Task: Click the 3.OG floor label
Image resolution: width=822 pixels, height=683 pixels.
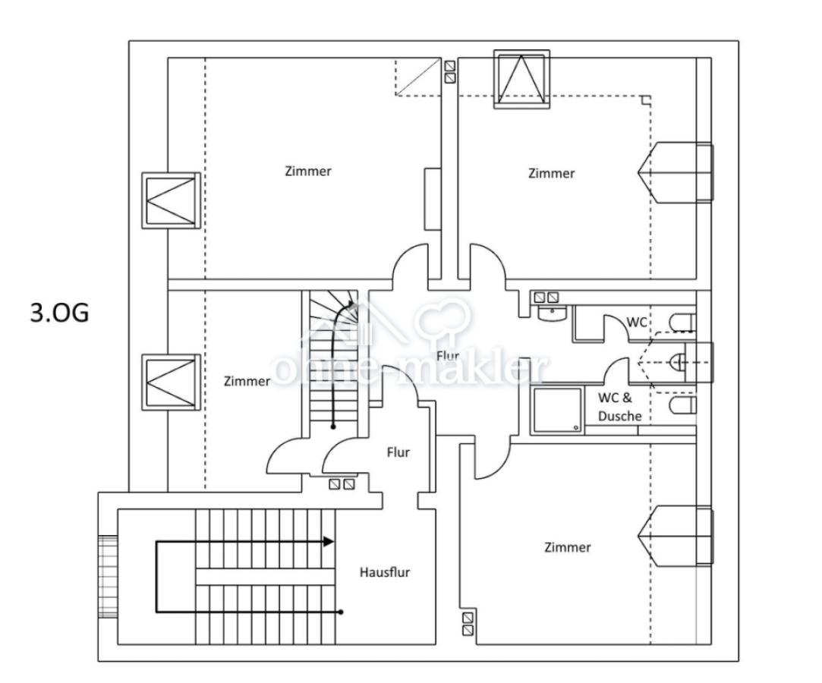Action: point(60,313)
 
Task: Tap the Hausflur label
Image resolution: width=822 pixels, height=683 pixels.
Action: point(384,572)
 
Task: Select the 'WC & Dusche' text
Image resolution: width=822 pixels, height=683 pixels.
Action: point(619,407)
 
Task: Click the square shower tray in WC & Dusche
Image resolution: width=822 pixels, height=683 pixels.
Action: point(557,411)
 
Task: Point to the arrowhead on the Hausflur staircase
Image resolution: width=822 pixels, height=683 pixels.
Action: point(328,542)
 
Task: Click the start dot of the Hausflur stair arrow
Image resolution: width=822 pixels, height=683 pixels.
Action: point(341,612)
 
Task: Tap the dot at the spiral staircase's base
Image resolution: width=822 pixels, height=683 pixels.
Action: point(333,427)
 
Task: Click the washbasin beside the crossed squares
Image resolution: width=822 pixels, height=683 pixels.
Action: point(552,313)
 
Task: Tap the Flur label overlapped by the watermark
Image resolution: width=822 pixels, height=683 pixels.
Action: point(448,356)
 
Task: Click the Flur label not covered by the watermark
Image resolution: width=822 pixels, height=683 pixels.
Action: point(398,452)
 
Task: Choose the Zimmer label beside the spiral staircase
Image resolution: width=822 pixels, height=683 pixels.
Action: point(247,381)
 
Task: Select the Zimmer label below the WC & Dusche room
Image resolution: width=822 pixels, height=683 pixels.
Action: point(567,547)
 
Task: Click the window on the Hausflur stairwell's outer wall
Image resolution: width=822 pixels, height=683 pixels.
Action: point(108,577)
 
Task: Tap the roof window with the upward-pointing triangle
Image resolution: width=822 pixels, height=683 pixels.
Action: point(521,79)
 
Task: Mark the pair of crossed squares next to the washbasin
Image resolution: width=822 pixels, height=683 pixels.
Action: point(546,297)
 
